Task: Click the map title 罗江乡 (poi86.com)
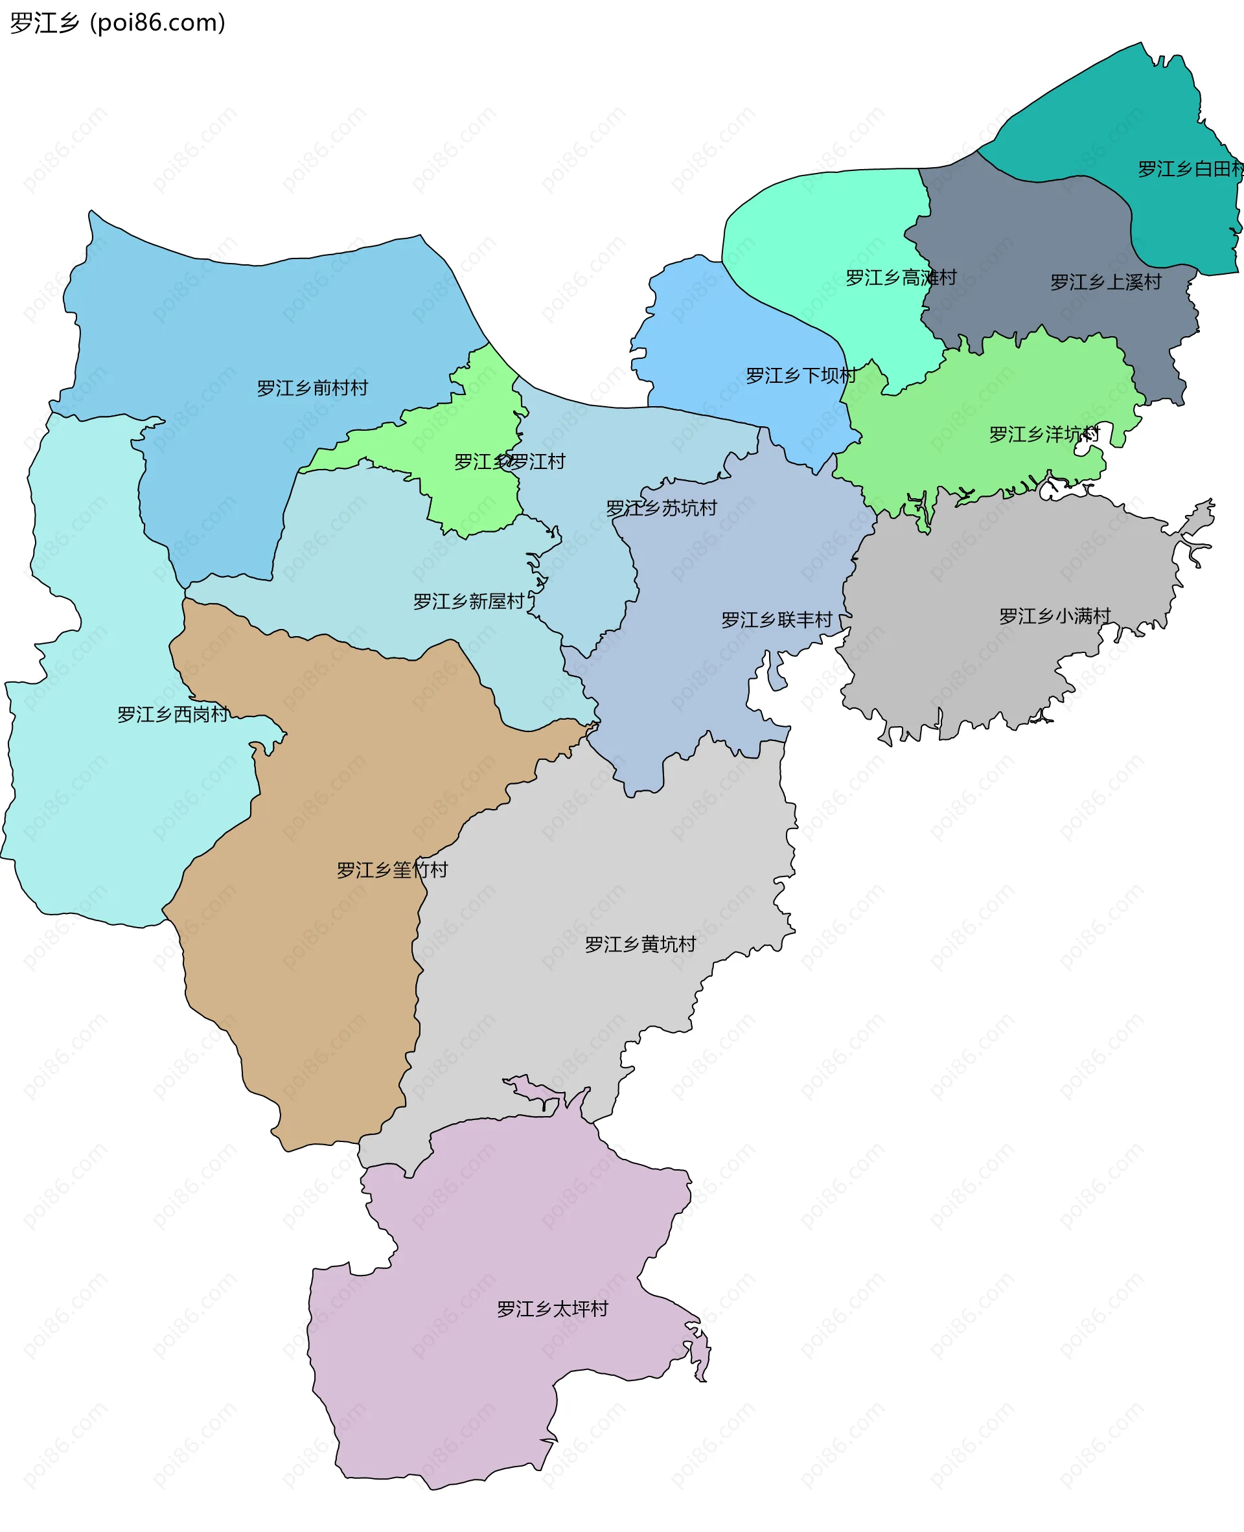[x=117, y=23]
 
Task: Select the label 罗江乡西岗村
[x=173, y=715]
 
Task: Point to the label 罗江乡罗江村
[x=509, y=461]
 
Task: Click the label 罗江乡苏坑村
[x=662, y=508]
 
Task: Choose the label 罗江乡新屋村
[x=468, y=601]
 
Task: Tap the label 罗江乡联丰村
[x=777, y=620]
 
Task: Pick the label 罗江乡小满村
[x=1055, y=616]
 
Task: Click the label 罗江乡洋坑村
[x=1044, y=434]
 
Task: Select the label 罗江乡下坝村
[x=801, y=376]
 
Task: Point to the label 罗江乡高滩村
[x=901, y=277]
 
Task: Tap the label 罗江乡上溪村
[x=1106, y=282]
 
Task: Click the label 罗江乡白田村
[x=1190, y=169]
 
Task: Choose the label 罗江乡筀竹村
[x=392, y=870]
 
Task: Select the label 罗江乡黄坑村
[x=641, y=944]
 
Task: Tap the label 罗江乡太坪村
[x=553, y=1309]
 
